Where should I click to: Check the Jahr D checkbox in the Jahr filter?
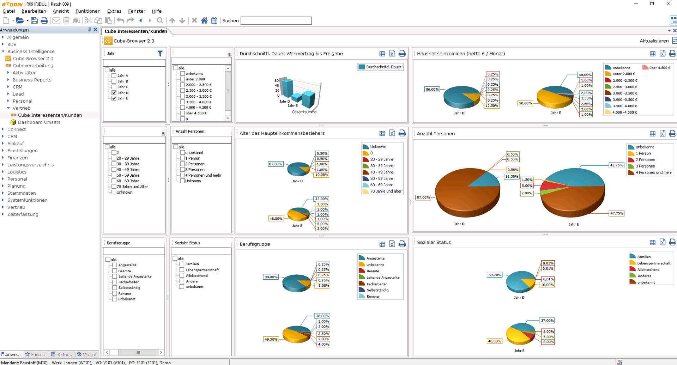pos(114,93)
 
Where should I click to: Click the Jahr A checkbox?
pos(114,75)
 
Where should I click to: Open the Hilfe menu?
pos(157,11)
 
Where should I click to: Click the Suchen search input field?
pos(276,21)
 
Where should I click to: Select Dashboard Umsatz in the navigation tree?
pos(39,122)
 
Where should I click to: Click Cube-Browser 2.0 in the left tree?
pos(33,59)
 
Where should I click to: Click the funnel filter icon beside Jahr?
pos(160,54)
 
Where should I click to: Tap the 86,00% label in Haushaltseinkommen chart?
pos(432,89)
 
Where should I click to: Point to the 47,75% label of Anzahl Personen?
pos(617,213)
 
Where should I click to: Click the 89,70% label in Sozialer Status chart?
pos(495,275)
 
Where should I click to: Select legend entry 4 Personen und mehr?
pos(654,172)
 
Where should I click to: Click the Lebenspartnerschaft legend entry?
pos(654,263)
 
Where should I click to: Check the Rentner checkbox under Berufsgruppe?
pos(115,293)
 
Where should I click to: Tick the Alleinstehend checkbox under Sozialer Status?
pos(182,275)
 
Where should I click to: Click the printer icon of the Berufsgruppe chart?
pos(402,244)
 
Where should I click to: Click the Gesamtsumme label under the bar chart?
pos(304,112)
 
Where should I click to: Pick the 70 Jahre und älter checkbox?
pos(114,187)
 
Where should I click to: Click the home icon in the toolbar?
pos(204,20)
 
